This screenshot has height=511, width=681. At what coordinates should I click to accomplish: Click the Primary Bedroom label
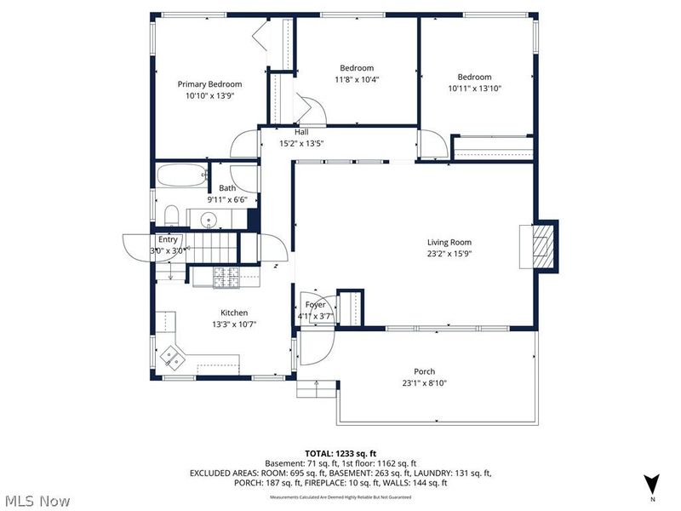[x=209, y=84]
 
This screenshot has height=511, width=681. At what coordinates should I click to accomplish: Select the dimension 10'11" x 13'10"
[x=475, y=88]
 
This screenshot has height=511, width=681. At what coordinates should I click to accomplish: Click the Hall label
[x=301, y=132]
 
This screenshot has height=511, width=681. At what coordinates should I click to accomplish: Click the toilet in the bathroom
[x=169, y=214]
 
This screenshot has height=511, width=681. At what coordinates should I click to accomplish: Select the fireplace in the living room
[x=541, y=247]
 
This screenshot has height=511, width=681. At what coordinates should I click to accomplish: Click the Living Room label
[x=449, y=242]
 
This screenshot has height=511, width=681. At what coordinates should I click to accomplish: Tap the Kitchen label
[x=234, y=313]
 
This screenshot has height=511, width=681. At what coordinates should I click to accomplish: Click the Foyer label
[x=316, y=304]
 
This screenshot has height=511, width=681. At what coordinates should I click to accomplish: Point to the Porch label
[x=424, y=371]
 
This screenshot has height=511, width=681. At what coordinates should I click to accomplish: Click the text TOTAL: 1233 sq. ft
[x=340, y=452]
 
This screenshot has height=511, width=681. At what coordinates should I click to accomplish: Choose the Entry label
[x=168, y=240]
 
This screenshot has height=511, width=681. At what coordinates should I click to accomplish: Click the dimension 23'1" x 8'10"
[x=424, y=383]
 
